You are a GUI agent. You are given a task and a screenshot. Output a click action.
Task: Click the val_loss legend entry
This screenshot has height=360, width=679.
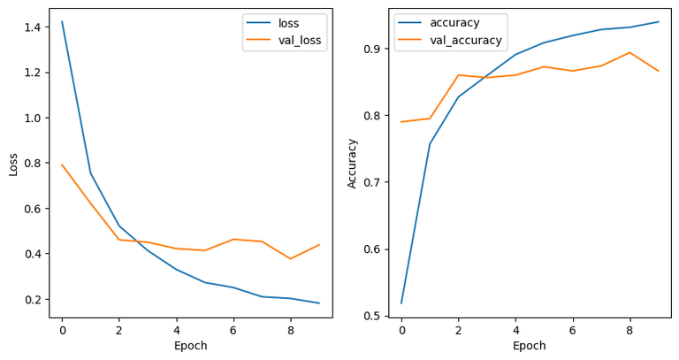point(303,40)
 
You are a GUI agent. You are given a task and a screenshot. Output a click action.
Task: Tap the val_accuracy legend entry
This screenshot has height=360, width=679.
point(466,40)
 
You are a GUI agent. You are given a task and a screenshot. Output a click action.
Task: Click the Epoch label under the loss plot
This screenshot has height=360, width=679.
point(190,346)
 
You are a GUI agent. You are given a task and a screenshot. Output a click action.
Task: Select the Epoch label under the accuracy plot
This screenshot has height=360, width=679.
point(530,346)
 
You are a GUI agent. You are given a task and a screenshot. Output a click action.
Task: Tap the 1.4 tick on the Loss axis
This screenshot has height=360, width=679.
point(33,27)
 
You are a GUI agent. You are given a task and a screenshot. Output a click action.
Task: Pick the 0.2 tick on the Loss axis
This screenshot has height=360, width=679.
point(33,300)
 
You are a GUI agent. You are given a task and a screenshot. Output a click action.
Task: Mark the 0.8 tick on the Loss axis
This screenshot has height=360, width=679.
point(33,164)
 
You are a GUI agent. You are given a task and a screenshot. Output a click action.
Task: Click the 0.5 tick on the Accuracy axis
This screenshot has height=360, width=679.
point(372,316)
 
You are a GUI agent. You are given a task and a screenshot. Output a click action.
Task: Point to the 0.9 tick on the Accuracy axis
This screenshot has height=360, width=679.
point(372,49)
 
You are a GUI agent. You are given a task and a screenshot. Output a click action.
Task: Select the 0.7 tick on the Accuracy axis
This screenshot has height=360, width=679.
point(372,182)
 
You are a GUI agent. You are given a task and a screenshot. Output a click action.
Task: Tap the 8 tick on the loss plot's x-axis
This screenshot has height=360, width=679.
point(291,329)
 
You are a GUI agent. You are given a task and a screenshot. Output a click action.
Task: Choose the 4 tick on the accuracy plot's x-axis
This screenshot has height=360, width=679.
point(515,329)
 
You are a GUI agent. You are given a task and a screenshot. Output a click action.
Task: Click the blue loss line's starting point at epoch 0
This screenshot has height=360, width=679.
point(62,22)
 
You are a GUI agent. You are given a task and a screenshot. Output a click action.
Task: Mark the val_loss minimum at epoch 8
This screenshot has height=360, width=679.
point(291,259)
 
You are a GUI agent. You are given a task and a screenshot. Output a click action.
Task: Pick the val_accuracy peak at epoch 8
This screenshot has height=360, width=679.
point(629,52)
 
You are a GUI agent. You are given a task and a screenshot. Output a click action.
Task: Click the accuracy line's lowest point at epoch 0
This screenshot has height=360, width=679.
point(401,303)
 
